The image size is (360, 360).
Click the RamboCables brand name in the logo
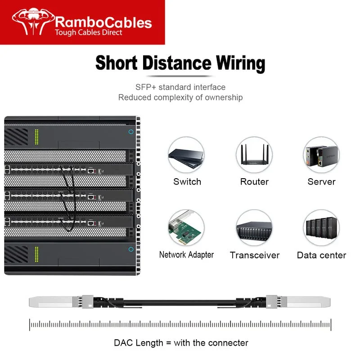click(103, 22)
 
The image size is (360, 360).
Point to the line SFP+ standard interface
click(180, 87)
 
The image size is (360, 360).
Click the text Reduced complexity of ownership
click(180, 97)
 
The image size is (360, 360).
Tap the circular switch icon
click(186, 154)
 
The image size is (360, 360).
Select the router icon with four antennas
click(254, 154)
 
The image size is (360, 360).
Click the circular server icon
click(321, 154)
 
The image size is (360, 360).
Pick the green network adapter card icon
click(186, 228)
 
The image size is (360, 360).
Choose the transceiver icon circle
click(254, 228)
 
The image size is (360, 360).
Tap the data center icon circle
click(321, 228)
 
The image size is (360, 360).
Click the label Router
click(254, 182)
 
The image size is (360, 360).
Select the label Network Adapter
click(186, 255)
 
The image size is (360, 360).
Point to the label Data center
click(321, 255)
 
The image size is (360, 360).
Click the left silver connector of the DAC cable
click(54, 301)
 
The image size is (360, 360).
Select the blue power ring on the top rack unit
click(131, 132)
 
